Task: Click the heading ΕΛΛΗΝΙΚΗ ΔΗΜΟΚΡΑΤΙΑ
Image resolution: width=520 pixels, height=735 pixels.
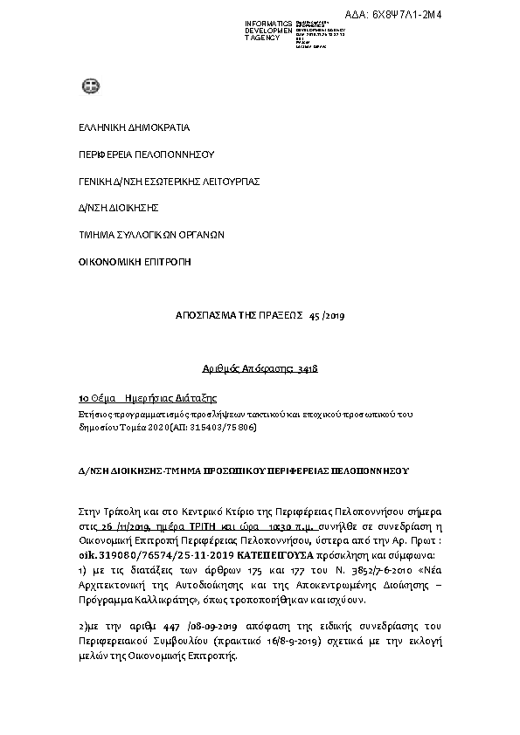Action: point(121,127)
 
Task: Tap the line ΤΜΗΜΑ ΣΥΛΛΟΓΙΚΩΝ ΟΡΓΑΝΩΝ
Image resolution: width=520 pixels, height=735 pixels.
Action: point(139,234)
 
